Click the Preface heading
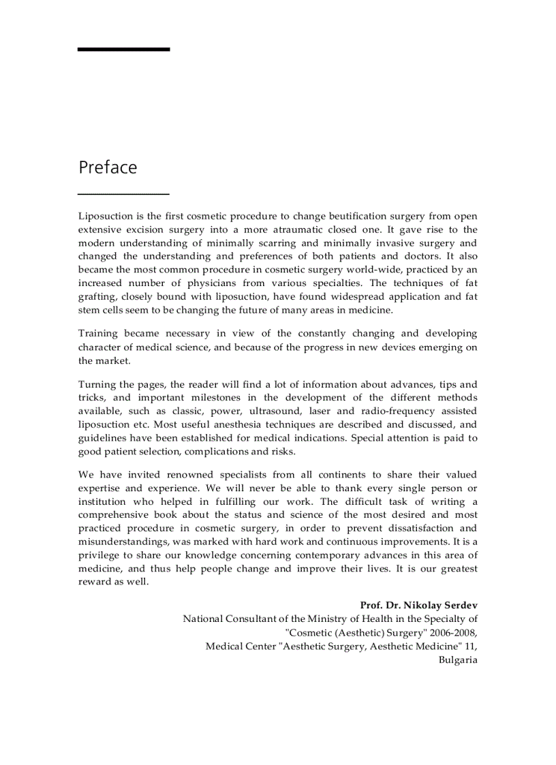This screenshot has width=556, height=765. pyautogui.click(x=108, y=168)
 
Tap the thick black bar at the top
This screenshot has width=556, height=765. pyautogui.click(x=123, y=49)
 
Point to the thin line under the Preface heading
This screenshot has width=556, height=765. pyautogui.click(x=123, y=194)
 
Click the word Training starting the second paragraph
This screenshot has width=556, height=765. pyautogui.click(x=98, y=334)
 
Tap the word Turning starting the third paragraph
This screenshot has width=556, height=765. pyautogui.click(x=97, y=385)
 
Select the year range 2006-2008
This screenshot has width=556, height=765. pyautogui.click(x=453, y=632)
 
